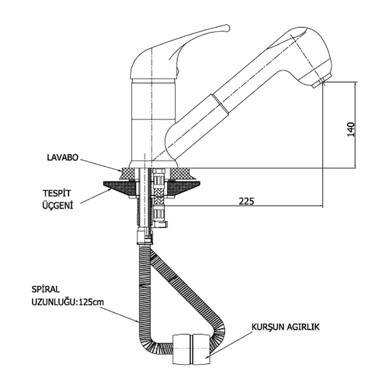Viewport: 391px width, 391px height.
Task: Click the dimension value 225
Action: tap(247, 201)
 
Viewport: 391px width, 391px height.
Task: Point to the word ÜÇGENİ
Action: tap(56, 206)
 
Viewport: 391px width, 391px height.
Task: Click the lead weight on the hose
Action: tap(192, 349)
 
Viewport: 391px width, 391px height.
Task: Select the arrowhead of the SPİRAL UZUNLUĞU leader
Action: tap(141, 323)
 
